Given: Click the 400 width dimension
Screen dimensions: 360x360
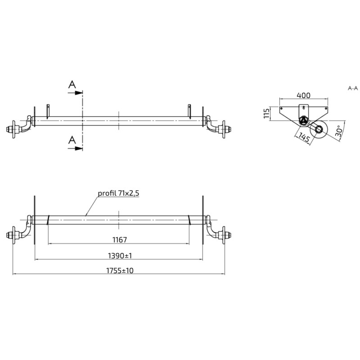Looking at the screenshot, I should [x=303, y=96].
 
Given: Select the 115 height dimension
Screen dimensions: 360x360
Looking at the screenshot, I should [x=267, y=113].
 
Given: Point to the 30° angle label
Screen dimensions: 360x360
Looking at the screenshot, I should [x=339, y=131].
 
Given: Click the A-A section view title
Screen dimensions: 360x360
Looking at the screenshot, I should [x=353, y=88].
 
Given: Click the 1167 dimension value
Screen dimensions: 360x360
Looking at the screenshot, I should [x=119, y=239].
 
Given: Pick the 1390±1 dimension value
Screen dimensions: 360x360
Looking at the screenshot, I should [x=119, y=255].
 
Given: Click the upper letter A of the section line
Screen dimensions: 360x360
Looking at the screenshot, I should [x=72, y=84].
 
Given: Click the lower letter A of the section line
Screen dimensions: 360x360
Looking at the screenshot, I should [x=72, y=140].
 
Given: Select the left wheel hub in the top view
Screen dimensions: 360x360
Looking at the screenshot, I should [x=14, y=129].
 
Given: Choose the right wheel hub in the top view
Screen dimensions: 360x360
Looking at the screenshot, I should [x=223, y=129].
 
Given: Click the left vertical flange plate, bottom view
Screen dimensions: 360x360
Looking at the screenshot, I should [x=35, y=220].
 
